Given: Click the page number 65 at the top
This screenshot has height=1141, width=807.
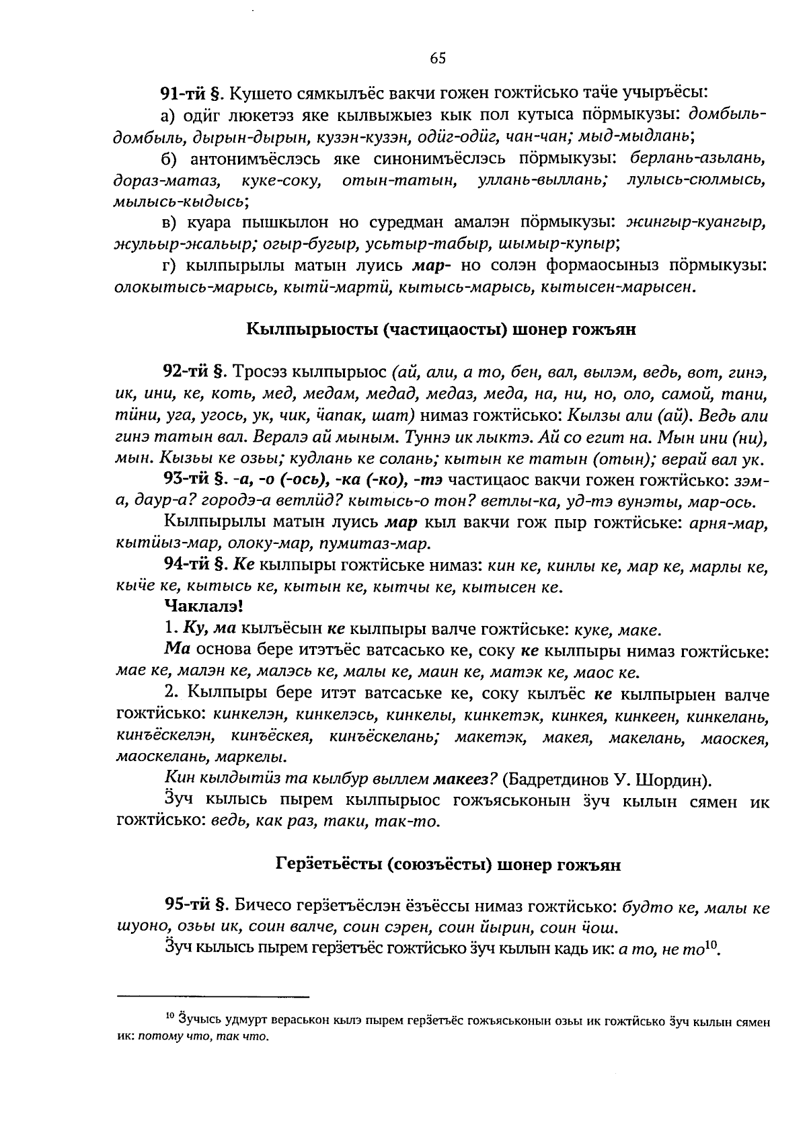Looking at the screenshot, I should pos(438,58).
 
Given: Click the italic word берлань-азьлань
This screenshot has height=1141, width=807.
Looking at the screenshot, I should pos(699,159).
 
